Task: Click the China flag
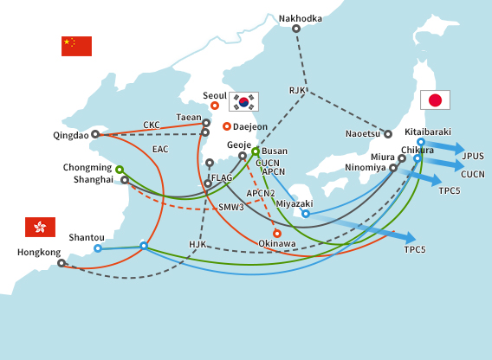click(76, 46)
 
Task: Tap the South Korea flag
click(243, 101)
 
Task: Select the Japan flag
click(435, 100)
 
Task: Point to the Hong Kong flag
click(40, 227)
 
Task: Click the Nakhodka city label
click(299, 17)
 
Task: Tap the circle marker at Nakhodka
click(296, 29)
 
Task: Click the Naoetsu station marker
click(388, 134)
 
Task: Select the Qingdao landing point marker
click(95, 134)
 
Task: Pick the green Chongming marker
click(120, 169)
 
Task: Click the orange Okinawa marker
click(277, 233)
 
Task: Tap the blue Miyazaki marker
click(306, 214)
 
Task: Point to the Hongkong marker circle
click(61, 263)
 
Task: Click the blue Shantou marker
click(98, 248)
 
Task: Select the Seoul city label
click(214, 95)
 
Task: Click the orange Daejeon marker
click(227, 126)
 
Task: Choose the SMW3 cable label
click(230, 208)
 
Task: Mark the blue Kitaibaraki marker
click(421, 142)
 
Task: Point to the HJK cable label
click(198, 244)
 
